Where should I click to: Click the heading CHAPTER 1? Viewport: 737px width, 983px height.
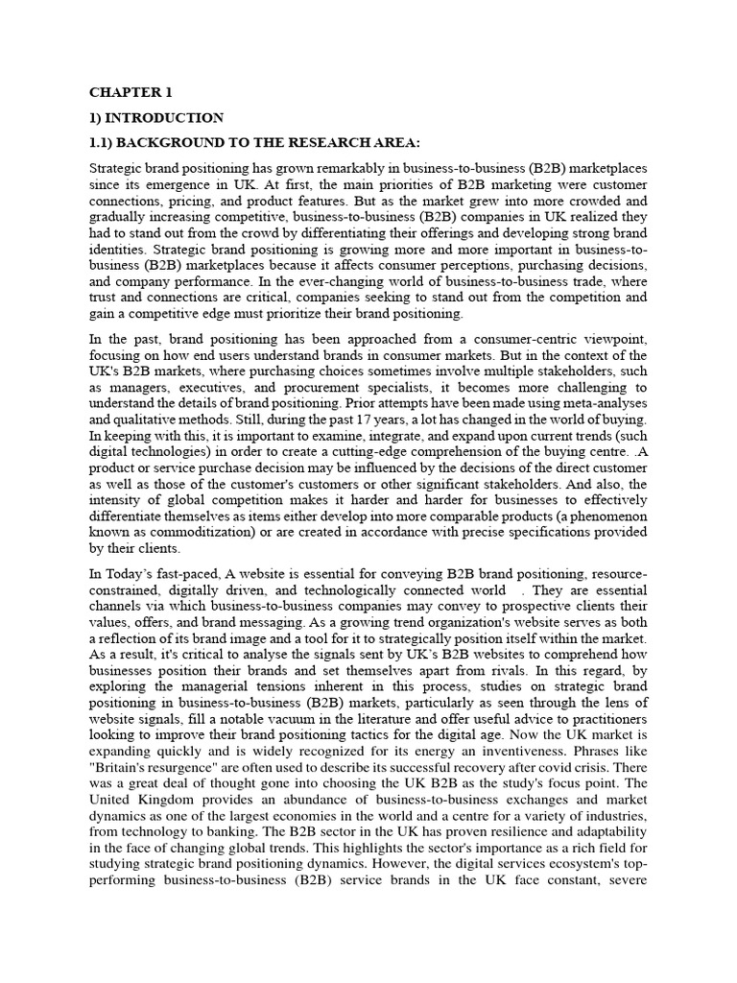coord(131,93)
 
